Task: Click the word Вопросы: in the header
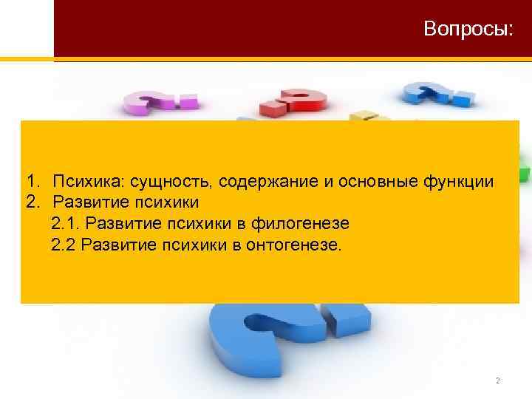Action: pos(468,30)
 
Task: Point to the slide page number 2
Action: pos(498,381)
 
